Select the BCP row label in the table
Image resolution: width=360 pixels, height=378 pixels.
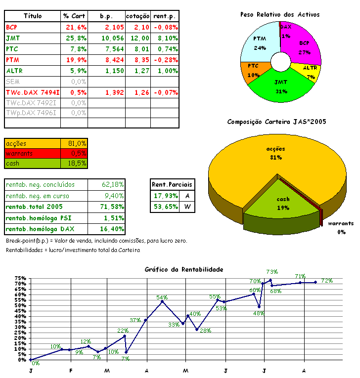click(x=11, y=27)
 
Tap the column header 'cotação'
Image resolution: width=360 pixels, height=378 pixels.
click(x=137, y=16)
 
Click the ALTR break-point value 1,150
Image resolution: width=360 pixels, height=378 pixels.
click(x=114, y=70)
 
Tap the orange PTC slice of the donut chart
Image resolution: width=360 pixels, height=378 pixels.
click(x=253, y=69)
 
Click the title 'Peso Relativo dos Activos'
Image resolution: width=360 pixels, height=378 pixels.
click(x=280, y=14)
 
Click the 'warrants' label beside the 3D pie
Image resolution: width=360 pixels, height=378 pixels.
click(x=341, y=223)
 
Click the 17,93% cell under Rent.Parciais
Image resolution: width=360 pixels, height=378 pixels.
click(x=165, y=196)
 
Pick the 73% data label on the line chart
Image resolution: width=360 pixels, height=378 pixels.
click(x=272, y=272)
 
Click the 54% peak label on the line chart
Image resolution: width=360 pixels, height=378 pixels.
click(x=162, y=297)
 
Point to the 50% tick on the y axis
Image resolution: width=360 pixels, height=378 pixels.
click(x=20, y=305)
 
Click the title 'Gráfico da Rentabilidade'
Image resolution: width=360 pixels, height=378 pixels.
click(x=184, y=269)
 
